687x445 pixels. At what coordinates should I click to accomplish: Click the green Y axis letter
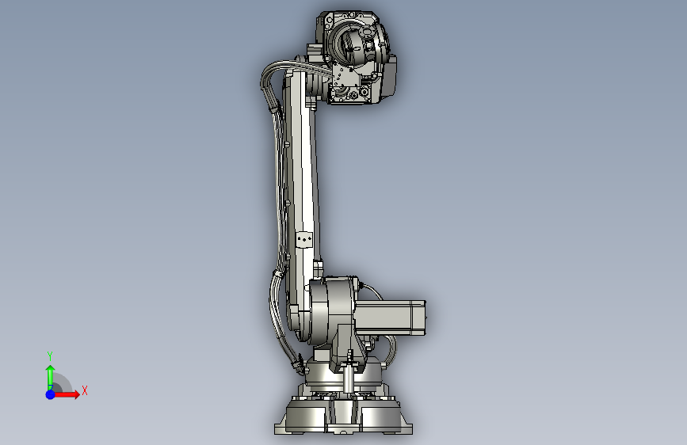tap(50, 356)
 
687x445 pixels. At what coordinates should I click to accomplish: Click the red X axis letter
tap(85, 390)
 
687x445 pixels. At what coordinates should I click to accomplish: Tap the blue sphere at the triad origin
tap(51, 394)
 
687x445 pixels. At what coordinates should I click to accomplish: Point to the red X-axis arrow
tap(67, 394)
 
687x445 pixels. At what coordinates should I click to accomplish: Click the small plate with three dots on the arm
tap(304, 240)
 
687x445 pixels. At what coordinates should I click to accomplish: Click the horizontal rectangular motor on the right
tap(390, 318)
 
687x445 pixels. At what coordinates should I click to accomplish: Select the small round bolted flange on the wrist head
tap(367, 31)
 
